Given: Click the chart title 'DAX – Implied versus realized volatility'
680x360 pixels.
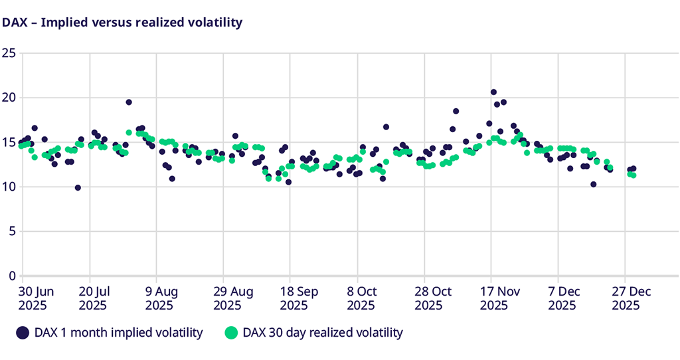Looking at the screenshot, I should point(122,23).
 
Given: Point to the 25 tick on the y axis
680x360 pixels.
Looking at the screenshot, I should point(9,53).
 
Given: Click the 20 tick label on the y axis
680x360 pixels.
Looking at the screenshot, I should point(9,98).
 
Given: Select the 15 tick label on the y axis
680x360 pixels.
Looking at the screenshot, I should point(9,142).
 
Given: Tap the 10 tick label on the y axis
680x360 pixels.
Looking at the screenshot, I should point(9,187).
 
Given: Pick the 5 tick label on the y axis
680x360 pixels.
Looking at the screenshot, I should point(11,231).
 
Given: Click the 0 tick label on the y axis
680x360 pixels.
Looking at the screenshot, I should point(11,276).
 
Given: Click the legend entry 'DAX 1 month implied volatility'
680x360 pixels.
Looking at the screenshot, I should point(110,333).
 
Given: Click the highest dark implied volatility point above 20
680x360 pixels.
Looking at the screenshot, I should point(493,92).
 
